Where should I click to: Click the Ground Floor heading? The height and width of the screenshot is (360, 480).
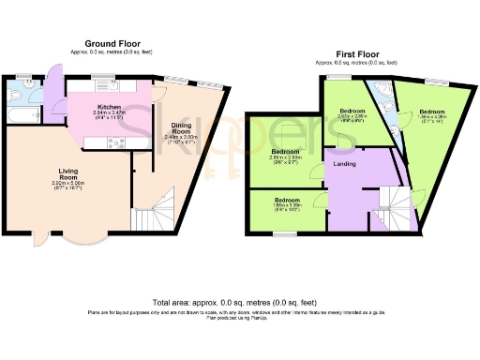(112, 44)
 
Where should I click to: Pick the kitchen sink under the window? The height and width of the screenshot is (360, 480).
(103, 86)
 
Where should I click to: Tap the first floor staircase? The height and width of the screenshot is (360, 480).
(399, 206)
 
